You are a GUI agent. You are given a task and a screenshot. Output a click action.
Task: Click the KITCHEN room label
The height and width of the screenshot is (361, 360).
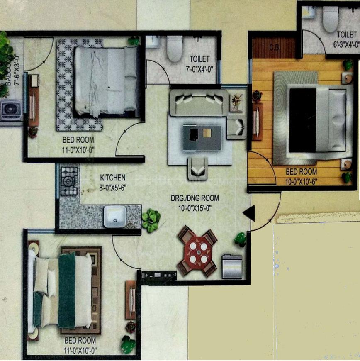click(112, 178)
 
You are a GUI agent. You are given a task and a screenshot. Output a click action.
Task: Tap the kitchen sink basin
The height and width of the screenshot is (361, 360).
click(114, 216)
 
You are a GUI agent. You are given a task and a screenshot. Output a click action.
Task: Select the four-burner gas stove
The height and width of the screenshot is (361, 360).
click(69, 181)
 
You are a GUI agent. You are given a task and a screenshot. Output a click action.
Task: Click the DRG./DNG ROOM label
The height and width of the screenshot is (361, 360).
click(195, 198)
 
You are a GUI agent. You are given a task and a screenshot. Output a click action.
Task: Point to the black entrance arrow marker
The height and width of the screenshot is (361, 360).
click(249, 214)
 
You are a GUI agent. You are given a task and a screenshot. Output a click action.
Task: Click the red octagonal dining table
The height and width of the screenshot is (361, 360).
click(198, 251)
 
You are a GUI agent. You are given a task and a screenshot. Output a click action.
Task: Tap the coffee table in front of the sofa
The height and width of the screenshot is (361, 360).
click(202, 137)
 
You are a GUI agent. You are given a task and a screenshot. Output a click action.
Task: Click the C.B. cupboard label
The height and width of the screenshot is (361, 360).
click(275, 47)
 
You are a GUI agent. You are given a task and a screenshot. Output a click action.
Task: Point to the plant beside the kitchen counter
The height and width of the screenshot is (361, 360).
click(151, 220)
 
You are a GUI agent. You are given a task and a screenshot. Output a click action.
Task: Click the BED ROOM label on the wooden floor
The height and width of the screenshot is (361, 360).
click(302, 171)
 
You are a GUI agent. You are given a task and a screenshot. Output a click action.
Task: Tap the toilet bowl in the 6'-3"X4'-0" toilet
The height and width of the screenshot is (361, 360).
click(331, 19)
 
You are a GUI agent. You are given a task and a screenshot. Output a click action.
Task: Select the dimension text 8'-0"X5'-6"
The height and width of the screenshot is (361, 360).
click(113, 187)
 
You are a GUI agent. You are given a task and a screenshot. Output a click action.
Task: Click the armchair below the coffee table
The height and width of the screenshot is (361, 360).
click(197, 168)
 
